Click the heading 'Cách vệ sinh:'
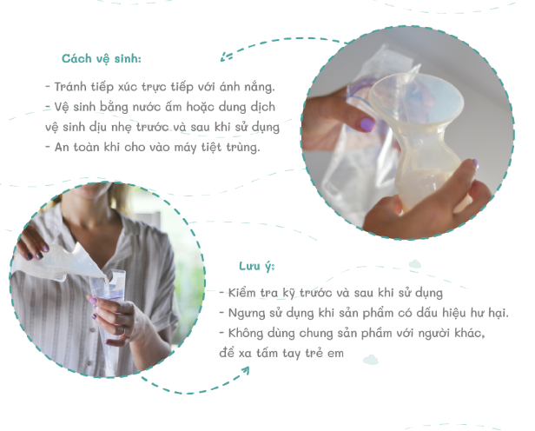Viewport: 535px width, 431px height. tap(101, 59)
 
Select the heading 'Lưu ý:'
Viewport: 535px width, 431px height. tap(257, 265)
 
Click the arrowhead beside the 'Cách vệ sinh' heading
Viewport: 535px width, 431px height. tap(226, 57)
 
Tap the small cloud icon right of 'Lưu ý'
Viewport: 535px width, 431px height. tap(415, 262)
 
